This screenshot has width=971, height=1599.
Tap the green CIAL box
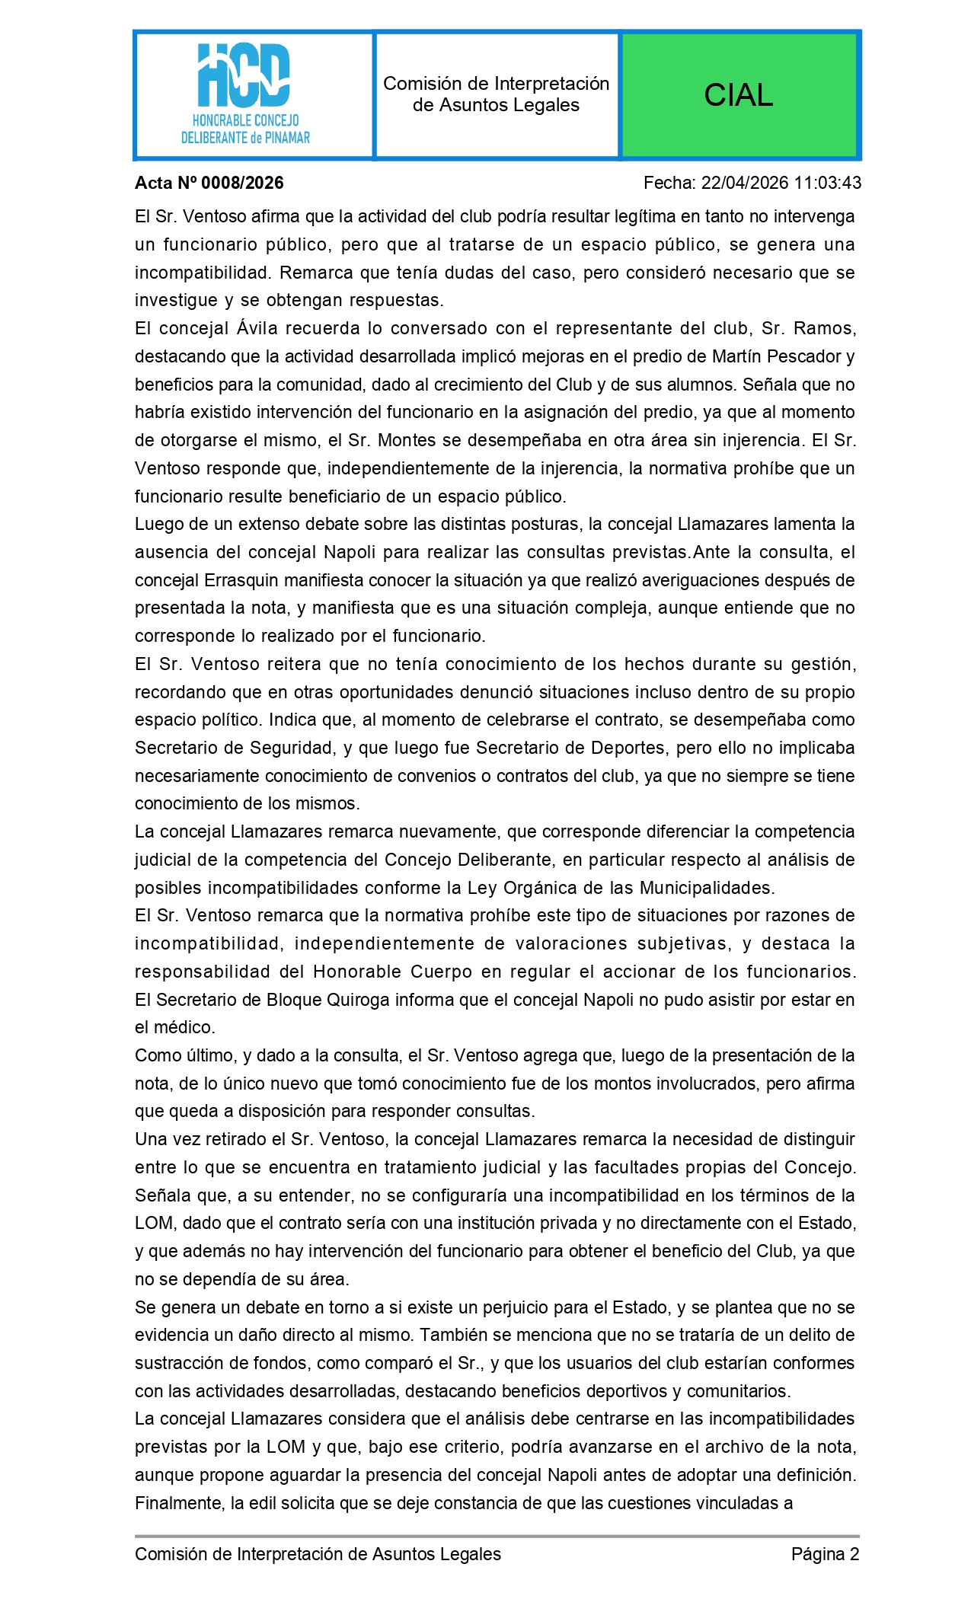[x=739, y=95]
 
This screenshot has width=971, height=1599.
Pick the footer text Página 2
[x=825, y=1554]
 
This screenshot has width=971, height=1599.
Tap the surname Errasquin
[x=241, y=580]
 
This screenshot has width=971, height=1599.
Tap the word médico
[x=187, y=1027]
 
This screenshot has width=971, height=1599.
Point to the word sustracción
[x=180, y=1363]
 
